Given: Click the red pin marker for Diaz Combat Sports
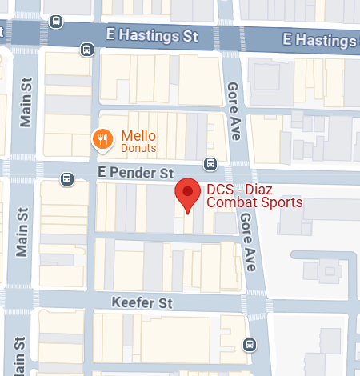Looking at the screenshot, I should pyautogui.click(x=188, y=193).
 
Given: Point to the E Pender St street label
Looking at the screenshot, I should pyautogui.click(x=136, y=173).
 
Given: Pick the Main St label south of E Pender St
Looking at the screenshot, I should pyautogui.click(x=22, y=233).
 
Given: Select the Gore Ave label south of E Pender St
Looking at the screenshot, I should pyautogui.click(x=248, y=240).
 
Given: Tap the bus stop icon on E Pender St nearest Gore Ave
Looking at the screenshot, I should pyautogui.click(x=210, y=164).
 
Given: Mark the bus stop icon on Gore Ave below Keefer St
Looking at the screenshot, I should pyautogui.click(x=250, y=346).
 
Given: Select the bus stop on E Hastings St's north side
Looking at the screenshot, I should pyautogui.click(x=56, y=22).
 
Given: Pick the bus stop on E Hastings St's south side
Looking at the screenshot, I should pyautogui.click(x=86, y=50).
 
